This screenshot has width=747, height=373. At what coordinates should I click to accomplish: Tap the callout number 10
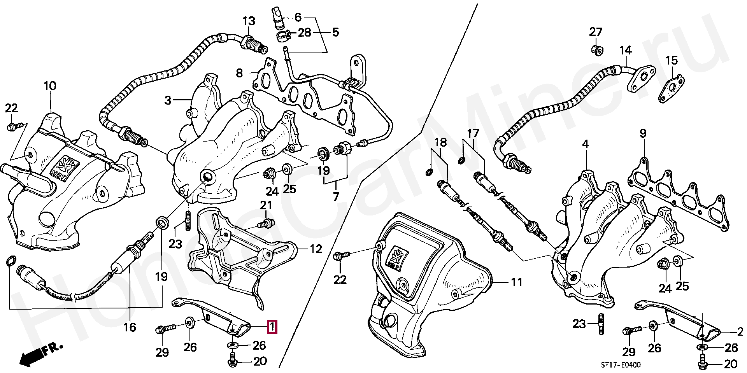click(50, 86)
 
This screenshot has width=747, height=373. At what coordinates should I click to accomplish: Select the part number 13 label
click(249, 21)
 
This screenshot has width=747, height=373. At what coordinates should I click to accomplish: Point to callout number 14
click(626, 50)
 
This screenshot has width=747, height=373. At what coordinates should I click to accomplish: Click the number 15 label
click(672, 60)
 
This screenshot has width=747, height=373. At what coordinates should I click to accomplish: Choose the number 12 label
click(316, 249)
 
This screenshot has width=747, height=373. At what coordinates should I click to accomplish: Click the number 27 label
click(595, 32)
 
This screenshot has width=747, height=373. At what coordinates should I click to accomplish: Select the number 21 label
click(266, 205)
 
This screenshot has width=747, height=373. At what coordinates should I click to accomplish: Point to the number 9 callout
click(643, 134)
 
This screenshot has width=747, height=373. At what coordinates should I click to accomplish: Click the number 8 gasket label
click(239, 72)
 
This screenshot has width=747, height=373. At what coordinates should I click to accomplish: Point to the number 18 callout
click(441, 142)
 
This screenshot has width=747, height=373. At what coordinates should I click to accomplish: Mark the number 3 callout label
click(168, 100)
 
